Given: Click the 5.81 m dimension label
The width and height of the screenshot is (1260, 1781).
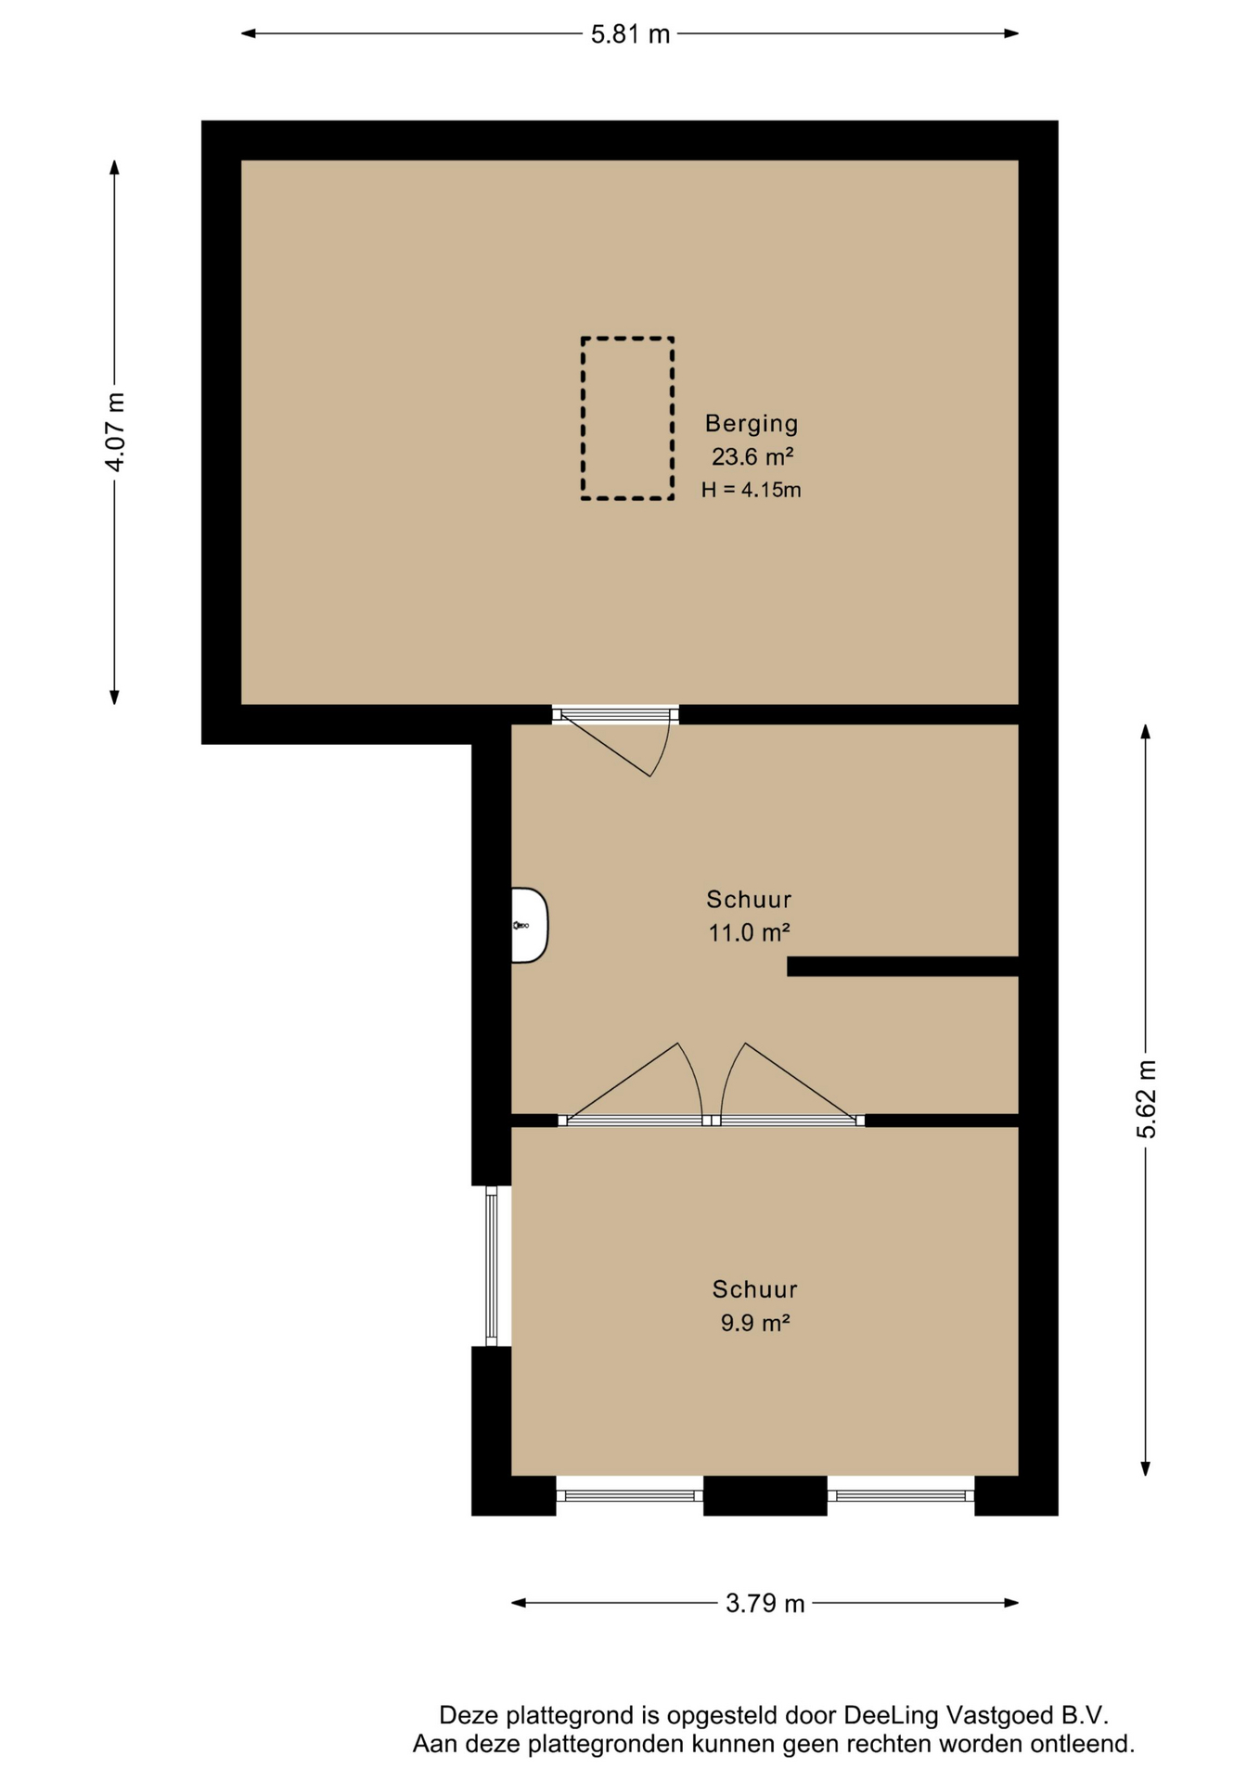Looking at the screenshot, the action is click(630, 34).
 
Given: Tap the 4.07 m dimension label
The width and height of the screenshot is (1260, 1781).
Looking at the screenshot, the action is click(114, 432).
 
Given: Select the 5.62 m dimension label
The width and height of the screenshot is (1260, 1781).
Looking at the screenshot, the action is click(1146, 1099).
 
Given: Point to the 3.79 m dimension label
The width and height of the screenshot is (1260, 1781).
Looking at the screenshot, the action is click(765, 1604).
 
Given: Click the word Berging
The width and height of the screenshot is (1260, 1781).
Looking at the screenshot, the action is click(752, 424).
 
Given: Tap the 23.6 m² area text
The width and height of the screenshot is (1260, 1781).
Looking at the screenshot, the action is click(752, 456).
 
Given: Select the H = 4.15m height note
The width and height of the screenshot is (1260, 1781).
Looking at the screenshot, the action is click(752, 490).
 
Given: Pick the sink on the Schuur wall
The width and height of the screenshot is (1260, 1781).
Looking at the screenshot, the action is click(529, 926).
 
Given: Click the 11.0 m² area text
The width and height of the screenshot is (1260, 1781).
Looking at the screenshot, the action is click(749, 932).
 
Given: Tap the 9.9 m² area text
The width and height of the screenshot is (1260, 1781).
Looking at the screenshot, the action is click(754, 1323).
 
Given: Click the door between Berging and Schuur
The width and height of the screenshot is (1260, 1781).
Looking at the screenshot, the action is click(615, 742).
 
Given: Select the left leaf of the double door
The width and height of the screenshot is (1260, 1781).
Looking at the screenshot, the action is click(636, 1083).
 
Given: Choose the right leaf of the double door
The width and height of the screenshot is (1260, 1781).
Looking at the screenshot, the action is click(790, 1083).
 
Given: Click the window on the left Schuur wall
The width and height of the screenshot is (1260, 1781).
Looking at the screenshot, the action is click(492, 1266).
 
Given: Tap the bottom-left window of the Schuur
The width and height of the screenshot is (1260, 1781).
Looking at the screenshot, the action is click(630, 1496).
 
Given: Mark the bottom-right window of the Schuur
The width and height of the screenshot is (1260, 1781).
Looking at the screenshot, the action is click(901, 1496).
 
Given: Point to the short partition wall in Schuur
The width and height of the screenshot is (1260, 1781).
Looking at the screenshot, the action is click(903, 967).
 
